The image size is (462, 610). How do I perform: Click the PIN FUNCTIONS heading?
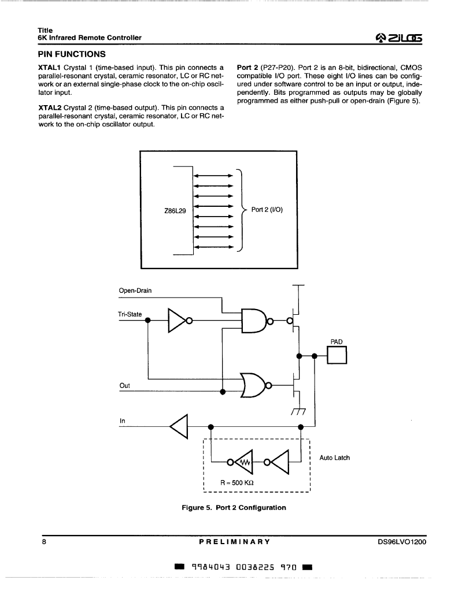pos(72,54)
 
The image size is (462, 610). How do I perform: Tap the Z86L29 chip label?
pos(175,211)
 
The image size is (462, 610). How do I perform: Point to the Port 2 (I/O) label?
pos(267,210)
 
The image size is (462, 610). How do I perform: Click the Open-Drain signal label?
pos(135,291)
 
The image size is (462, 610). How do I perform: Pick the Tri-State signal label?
pos(130,314)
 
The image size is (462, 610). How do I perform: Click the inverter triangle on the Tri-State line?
pos(178,321)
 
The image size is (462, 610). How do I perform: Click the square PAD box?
pos(337,355)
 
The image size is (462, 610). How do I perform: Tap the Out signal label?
pos(125,385)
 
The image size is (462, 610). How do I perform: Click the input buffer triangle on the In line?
pos(179,426)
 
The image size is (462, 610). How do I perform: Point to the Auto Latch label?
pos(335,458)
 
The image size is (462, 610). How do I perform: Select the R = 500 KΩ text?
pos(237,483)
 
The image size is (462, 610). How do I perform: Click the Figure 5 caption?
pos(234,508)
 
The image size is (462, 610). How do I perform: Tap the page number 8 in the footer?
pos(44,541)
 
